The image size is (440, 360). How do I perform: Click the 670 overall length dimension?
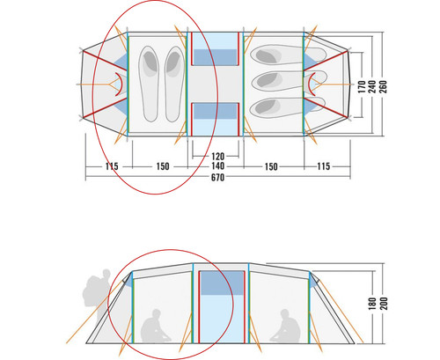[217, 177]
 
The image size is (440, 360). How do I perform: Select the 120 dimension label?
[217, 156]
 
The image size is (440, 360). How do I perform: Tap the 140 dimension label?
[217, 166]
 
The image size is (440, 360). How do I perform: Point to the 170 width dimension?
[362, 87]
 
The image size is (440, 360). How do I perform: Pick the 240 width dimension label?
[372, 87]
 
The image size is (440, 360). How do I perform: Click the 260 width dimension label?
[383, 87]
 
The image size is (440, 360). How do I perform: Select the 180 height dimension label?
[372, 304]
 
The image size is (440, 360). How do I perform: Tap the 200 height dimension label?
[384, 304]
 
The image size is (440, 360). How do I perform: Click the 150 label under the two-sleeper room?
[163, 166]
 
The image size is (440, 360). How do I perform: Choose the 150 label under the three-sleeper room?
[271, 166]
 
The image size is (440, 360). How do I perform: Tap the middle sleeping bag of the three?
[289, 80]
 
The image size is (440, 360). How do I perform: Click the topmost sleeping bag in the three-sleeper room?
[289, 55]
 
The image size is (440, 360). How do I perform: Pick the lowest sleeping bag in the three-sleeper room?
[288, 107]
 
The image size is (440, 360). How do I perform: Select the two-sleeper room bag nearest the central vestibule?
[175, 84]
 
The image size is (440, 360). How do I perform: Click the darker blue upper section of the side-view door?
[222, 283]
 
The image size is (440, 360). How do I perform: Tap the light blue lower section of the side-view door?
[222, 319]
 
